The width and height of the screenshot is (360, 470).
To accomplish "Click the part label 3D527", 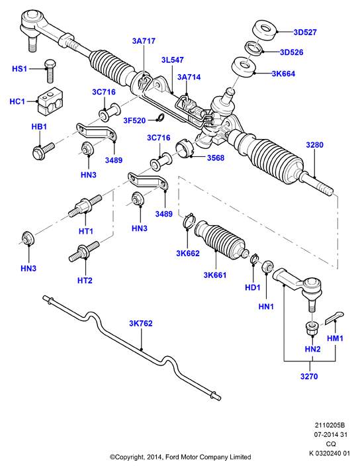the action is click(305, 32).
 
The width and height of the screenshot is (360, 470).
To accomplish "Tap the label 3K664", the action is click(283, 73).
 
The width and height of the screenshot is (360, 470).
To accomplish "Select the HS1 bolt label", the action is click(19, 69).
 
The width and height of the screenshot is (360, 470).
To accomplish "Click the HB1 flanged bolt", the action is click(44, 151).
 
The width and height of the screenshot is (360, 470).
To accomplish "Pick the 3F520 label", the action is click(134, 120).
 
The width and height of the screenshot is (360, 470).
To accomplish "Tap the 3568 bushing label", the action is click(216, 158).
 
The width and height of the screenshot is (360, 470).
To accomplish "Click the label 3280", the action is click(315, 145).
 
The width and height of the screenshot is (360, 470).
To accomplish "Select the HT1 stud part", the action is click(85, 207).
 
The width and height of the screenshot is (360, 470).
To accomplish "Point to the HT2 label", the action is click(85, 281).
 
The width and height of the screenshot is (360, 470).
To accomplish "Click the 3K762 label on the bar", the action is click(141, 324).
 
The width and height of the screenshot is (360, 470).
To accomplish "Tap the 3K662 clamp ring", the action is click(189, 222).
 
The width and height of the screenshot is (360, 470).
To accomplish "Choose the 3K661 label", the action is click(215, 275).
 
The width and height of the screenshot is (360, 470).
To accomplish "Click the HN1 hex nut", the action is click(267, 267).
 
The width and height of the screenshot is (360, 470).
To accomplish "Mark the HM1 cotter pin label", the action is click(335, 338).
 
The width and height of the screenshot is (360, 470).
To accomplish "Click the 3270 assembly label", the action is click(309, 376).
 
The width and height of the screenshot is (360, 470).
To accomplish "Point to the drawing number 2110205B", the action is click(330, 426).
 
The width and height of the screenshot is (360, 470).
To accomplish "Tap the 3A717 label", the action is click(144, 41).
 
